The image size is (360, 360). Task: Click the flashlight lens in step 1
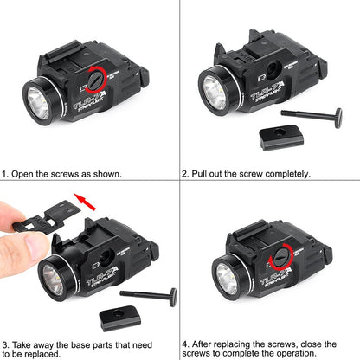tap(38, 103)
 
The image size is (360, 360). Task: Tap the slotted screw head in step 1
tap(95, 80)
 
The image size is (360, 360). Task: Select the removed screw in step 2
tap(312, 116)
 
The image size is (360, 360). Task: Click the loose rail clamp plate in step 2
tap(281, 137)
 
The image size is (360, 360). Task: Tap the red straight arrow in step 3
tap(85, 202)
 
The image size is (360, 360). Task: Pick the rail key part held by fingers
tap(46, 216)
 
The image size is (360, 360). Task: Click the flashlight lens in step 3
tap(53, 280)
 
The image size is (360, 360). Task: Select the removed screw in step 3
tap(149, 296)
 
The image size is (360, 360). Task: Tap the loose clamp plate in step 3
tap(120, 318)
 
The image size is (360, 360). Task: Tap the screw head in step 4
tap(280, 257)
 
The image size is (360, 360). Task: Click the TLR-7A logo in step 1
tap(89, 100)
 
